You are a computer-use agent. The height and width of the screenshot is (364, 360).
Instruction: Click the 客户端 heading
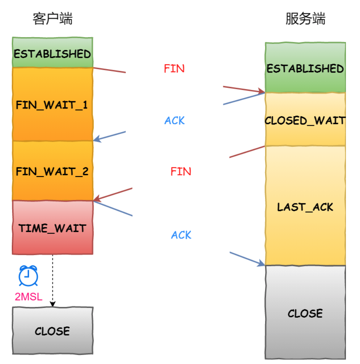(52, 19)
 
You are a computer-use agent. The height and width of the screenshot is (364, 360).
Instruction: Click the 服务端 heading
(305, 19)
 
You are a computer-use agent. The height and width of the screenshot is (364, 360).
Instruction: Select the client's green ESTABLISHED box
(52, 53)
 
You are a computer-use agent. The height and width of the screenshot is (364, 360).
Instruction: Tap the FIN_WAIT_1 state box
(52, 104)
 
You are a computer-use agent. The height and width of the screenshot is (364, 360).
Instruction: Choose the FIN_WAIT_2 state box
(52, 171)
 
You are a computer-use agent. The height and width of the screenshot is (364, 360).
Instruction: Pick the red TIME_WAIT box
(52, 228)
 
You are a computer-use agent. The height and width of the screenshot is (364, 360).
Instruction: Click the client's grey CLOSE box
(52, 331)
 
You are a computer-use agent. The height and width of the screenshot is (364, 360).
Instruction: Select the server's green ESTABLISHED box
(305, 68)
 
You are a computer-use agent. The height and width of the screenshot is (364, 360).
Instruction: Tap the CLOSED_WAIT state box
(305, 120)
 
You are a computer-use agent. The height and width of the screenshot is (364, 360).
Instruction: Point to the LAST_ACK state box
(305, 206)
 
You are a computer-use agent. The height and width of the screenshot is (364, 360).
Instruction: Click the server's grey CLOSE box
(305, 313)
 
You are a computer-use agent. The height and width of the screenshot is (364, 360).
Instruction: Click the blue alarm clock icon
(28, 276)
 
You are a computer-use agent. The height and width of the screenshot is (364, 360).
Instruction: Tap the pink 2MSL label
(28, 296)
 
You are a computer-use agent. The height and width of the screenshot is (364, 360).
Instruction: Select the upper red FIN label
(174, 69)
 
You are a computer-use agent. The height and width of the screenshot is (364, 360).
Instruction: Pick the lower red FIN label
(181, 172)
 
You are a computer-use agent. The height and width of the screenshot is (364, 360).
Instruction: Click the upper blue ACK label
(175, 121)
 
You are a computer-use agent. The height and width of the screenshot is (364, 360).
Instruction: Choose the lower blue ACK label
(181, 235)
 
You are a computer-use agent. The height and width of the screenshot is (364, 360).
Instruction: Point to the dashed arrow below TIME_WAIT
(53, 281)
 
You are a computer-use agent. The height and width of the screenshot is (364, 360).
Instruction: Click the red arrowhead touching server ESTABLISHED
(261, 91)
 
